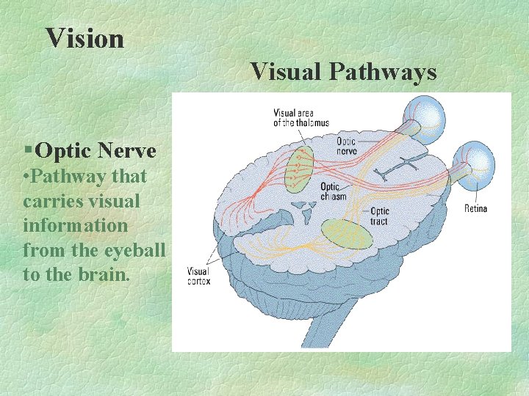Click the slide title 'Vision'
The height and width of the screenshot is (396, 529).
point(84,38)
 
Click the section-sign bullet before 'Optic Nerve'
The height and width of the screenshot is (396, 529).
point(28,151)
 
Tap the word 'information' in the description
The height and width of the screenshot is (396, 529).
point(75,225)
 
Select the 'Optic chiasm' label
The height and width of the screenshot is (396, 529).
point(333,192)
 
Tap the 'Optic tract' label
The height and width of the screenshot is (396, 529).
point(379,216)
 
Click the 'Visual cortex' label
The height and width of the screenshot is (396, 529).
point(198,275)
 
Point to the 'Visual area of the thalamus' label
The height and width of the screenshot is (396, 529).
point(301,118)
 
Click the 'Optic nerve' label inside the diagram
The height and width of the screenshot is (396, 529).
point(346,146)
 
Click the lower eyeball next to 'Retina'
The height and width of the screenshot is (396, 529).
point(473,161)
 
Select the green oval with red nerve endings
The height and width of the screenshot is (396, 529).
point(299,169)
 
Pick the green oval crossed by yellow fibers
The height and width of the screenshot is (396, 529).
point(346,234)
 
